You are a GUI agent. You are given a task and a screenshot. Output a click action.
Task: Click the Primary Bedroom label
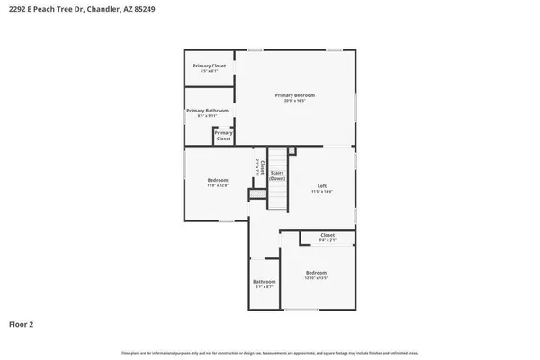coord(295,95)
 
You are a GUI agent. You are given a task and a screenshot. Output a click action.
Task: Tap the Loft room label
coord(322,186)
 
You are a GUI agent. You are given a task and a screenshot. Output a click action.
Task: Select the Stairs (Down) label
coord(277,175)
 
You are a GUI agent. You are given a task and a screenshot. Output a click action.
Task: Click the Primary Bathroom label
coord(207,111)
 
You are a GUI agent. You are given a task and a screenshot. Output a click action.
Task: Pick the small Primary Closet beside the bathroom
coord(223,136)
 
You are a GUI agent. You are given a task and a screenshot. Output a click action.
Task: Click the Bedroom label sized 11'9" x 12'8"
coord(218,180)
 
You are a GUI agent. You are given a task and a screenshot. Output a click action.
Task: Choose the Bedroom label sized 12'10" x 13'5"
coord(316,272)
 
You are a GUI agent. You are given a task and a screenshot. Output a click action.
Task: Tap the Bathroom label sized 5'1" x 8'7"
coord(264,282)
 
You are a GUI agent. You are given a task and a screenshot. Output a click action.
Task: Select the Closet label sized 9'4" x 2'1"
coord(328,235)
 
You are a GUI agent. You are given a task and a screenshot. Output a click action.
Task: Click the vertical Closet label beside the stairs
coord(261,166)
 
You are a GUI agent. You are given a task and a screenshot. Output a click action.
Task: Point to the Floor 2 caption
coord(22,323)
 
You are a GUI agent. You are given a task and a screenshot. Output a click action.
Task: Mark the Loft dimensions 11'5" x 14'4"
coord(322,192)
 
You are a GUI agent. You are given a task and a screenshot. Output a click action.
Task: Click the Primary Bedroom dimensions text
coord(295,101)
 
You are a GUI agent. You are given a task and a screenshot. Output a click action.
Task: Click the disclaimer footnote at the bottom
coord(270,351)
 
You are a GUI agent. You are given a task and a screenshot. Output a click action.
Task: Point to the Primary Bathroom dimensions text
coord(207,116)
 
